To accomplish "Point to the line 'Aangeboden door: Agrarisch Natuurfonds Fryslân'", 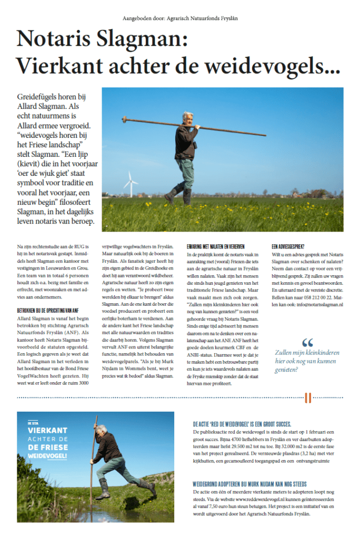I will point(179,18).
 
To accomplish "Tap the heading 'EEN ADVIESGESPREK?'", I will point(289,246).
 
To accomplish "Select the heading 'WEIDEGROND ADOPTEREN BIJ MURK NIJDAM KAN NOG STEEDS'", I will point(251,484).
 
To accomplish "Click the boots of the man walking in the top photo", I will point(179,197).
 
